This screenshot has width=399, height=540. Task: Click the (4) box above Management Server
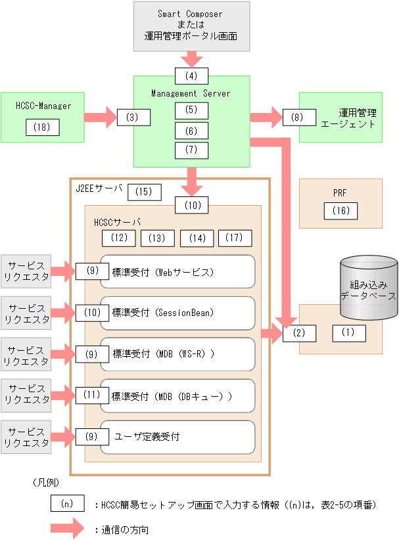click(191, 75)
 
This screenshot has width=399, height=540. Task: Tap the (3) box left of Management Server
click(133, 118)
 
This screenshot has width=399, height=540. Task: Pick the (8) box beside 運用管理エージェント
click(299, 118)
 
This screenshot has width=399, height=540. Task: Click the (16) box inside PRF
click(341, 210)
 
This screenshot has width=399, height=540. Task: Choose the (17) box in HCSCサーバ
click(235, 238)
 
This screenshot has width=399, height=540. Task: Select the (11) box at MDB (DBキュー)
click(91, 395)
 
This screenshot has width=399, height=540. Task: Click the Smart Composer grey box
click(191, 26)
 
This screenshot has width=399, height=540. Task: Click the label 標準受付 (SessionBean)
click(159, 313)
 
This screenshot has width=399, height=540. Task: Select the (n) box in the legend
click(67, 504)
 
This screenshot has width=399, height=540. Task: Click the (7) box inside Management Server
click(191, 150)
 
